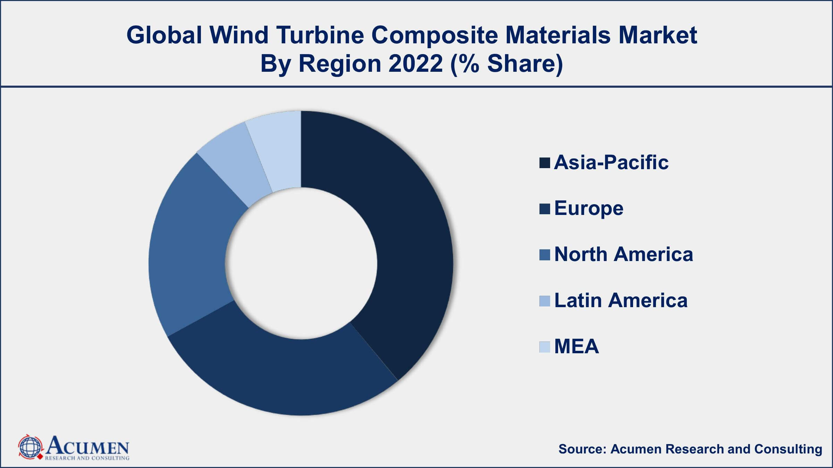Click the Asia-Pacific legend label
pyautogui.click(x=611, y=162)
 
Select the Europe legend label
pyautogui.click(x=589, y=208)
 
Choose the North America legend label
pyautogui.click(x=623, y=254)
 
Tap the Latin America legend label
pyautogui.click(x=621, y=300)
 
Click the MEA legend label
pyautogui.click(x=577, y=346)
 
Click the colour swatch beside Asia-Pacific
pyautogui.click(x=545, y=163)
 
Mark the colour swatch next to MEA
pyautogui.click(x=545, y=347)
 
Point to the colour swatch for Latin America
pyautogui.click(x=545, y=301)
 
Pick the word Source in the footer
pyautogui.click(x=582, y=449)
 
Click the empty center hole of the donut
pyautogui.click(x=301, y=263)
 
